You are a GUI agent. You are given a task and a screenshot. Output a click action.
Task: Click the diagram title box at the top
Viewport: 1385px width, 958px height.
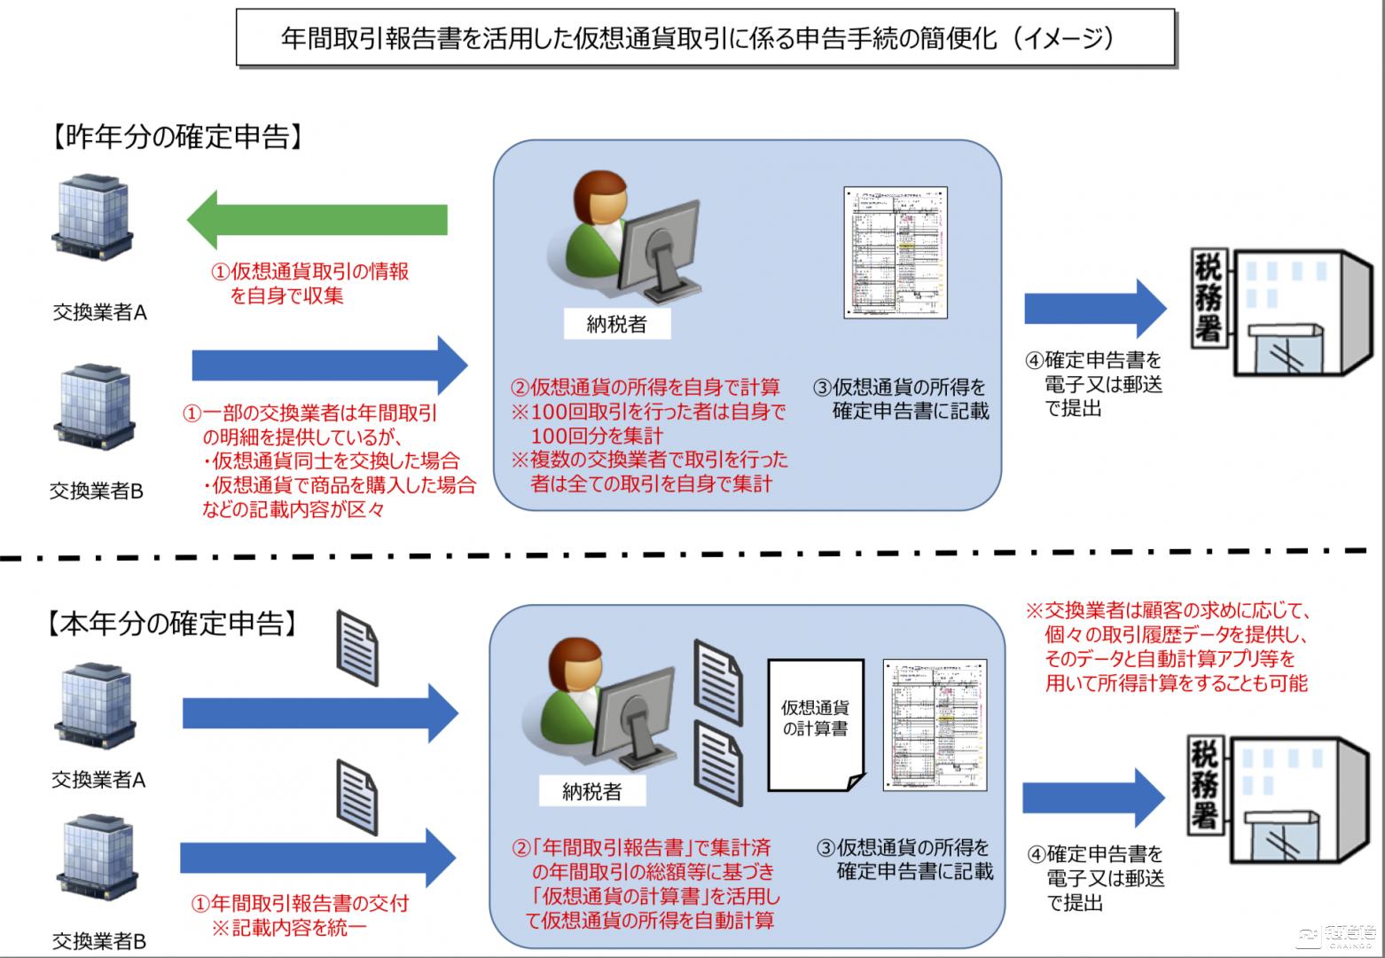tap(705, 38)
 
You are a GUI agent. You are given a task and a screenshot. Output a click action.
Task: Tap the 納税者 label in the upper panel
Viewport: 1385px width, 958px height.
tap(617, 325)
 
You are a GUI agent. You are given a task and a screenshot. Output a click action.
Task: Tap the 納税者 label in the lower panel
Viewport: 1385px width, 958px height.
tap(592, 792)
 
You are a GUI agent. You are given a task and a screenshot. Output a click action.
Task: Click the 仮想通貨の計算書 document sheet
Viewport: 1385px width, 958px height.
tap(815, 723)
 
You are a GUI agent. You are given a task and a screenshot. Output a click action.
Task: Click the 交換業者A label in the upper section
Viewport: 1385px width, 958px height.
tap(99, 312)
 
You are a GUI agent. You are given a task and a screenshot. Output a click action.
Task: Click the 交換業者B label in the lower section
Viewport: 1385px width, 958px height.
tap(98, 940)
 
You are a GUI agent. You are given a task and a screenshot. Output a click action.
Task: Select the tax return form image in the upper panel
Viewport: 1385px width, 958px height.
tap(896, 253)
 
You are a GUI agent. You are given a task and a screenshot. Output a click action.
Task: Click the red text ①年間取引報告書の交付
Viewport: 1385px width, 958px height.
tap(301, 904)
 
